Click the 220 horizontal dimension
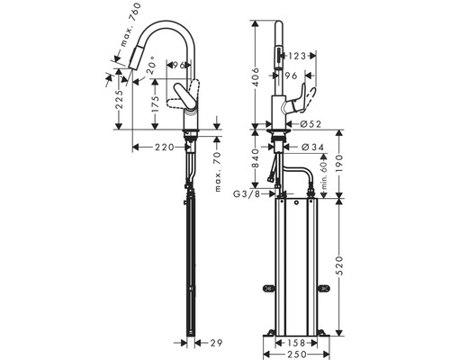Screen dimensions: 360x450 pyautogui.click(x=163, y=147)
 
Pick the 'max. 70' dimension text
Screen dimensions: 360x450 pyautogui.click(x=218, y=171)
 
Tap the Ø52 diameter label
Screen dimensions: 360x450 pyautogui.click(x=311, y=123)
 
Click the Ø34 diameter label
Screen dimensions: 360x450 pyautogui.click(x=311, y=147)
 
